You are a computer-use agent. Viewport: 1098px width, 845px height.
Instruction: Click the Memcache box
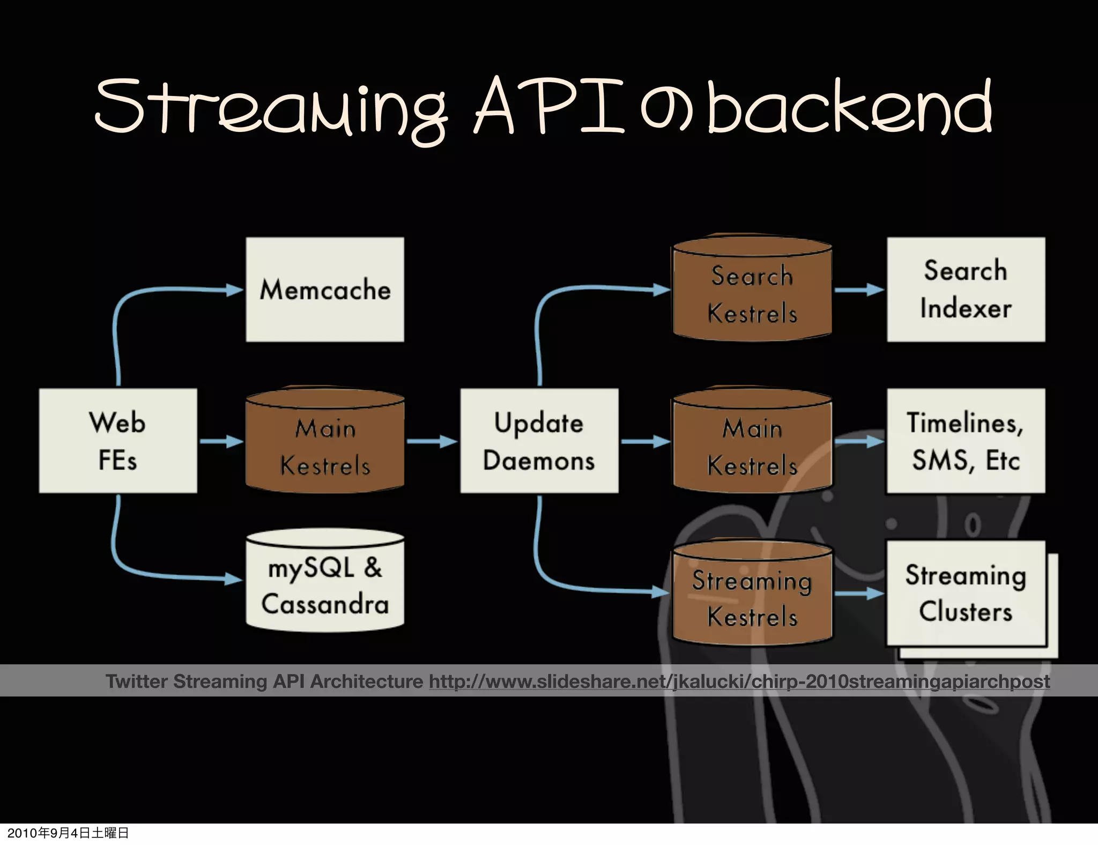(325, 290)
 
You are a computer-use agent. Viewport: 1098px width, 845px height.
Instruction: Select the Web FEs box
(118, 441)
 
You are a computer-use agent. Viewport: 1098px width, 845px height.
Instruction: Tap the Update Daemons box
(539, 441)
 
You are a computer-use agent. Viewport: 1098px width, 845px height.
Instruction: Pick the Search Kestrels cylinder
(752, 292)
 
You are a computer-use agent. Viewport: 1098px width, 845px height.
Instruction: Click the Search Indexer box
(966, 290)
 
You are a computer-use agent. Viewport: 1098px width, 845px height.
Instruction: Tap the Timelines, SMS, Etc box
(966, 441)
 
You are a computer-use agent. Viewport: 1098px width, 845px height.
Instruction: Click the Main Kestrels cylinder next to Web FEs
(325, 445)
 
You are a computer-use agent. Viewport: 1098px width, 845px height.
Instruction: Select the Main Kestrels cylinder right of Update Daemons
(752, 445)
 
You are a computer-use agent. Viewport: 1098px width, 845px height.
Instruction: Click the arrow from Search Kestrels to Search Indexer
(858, 290)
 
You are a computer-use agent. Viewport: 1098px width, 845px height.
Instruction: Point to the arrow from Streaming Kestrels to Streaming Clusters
(858, 594)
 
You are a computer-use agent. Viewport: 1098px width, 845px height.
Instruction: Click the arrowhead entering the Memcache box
(235, 290)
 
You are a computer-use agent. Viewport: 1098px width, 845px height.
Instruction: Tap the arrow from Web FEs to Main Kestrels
(221, 441)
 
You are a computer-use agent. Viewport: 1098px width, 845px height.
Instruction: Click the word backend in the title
(850, 107)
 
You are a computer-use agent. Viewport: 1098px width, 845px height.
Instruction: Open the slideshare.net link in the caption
(739, 681)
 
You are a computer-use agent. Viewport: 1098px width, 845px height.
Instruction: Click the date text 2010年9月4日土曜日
(68, 833)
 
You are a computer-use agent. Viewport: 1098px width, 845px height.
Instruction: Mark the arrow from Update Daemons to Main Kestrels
(645, 441)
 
